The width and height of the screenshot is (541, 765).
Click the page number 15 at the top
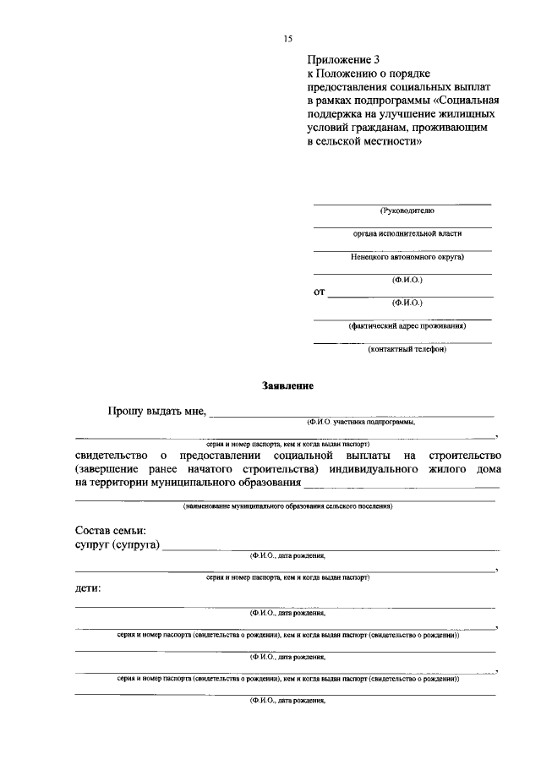pos(287,39)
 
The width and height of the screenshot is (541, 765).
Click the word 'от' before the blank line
pos(320,292)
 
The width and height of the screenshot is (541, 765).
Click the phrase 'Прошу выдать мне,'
pos(157,412)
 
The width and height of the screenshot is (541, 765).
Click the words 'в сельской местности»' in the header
pos(363,142)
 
